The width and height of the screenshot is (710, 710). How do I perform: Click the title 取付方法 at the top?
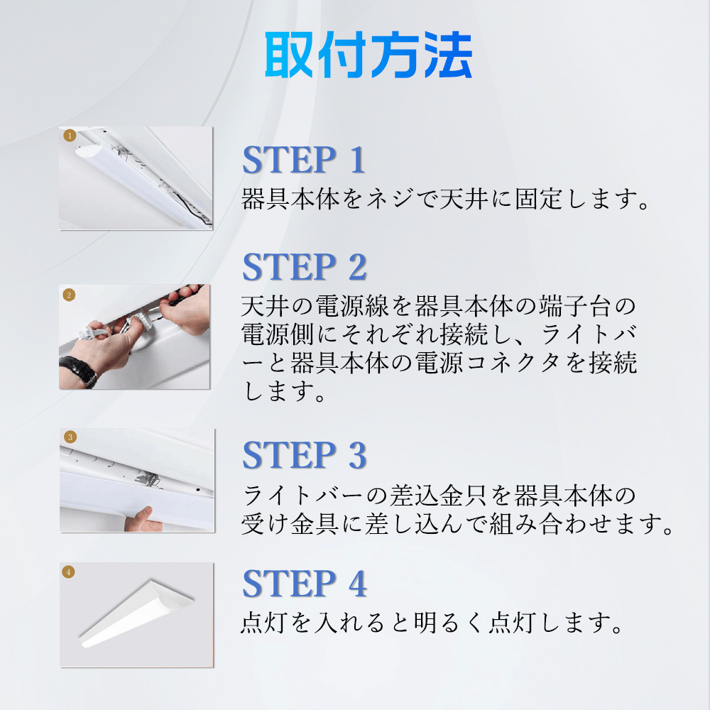pyautogui.click(x=368, y=56)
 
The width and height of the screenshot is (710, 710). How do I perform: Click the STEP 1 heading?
pyautogui.click(x=304, y=160)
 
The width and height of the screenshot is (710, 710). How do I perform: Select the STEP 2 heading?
pyautogui.click(x=305, y=267)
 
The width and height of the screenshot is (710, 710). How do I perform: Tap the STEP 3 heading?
pyautogui.click(x=305, y=456)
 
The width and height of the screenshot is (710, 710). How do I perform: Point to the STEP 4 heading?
pyautogui.click(x=305, y=583)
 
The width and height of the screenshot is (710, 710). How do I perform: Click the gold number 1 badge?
pyautogui.click(x=70, y=134)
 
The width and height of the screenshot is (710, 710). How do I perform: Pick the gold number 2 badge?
pyautogui.click(x=70, y=295)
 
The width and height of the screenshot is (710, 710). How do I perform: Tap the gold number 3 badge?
pyautogui.click(x=70, y=437)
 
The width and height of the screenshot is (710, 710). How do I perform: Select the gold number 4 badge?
pyautogui.click(x=69, y=571)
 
